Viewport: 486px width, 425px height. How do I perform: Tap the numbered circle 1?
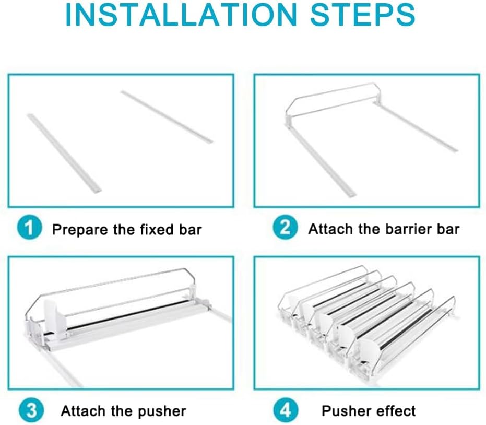tap(29, 227)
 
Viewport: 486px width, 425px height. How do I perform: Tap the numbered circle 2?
tap(285, 227)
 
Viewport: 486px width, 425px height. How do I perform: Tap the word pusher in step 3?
tap(162, 411)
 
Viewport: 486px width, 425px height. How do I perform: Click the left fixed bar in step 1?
tap(64, 153)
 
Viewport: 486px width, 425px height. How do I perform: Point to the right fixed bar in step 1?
tap(167, 116)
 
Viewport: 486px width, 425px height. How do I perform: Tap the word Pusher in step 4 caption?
tap(346, 411)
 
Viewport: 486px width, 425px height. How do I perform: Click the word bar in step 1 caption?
tap(191, 229)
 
